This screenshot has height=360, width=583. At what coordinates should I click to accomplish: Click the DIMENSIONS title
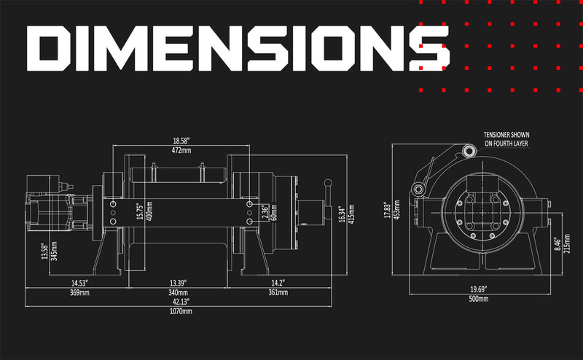238,48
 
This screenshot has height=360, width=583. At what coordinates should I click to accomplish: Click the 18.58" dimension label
181,141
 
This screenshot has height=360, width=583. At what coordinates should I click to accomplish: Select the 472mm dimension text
181,151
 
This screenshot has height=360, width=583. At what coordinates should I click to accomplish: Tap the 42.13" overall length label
181,302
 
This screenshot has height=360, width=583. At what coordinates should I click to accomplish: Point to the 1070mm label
181,311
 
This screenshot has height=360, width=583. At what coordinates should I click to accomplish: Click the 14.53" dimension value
79,283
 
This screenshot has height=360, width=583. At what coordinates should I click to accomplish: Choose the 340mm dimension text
178,293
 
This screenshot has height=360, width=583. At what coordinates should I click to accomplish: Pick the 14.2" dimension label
278,283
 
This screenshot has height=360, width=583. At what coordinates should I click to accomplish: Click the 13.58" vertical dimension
45,251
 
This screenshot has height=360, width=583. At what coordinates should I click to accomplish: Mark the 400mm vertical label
149,211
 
